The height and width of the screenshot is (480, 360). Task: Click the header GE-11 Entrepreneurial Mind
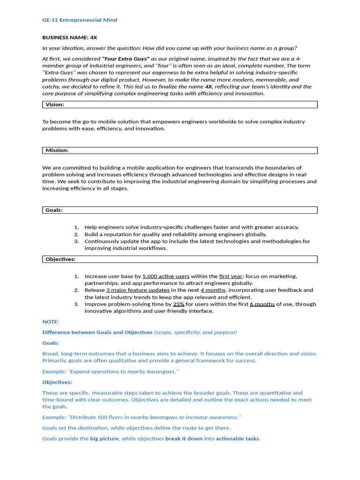[80, 20]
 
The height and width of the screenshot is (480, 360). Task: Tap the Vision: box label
[55, 105]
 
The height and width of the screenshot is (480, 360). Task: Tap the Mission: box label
[57, 150]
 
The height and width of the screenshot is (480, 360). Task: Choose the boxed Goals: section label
[54, 210]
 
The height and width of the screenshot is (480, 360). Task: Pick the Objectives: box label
[60, 259]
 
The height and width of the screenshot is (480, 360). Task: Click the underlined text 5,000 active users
[166, 277]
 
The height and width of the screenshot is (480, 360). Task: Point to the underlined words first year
[231, 277]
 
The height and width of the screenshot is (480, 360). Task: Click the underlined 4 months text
[213, 290]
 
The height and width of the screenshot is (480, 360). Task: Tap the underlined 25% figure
[179, 304]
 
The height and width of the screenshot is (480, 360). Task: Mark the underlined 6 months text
[262, 304]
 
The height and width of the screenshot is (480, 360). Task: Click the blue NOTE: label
[51, 322]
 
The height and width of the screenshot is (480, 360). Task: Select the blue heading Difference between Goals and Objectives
[97, 332]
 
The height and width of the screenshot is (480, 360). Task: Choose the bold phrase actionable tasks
[237, 439]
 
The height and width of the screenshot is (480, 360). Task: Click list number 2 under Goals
[76, 234]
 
